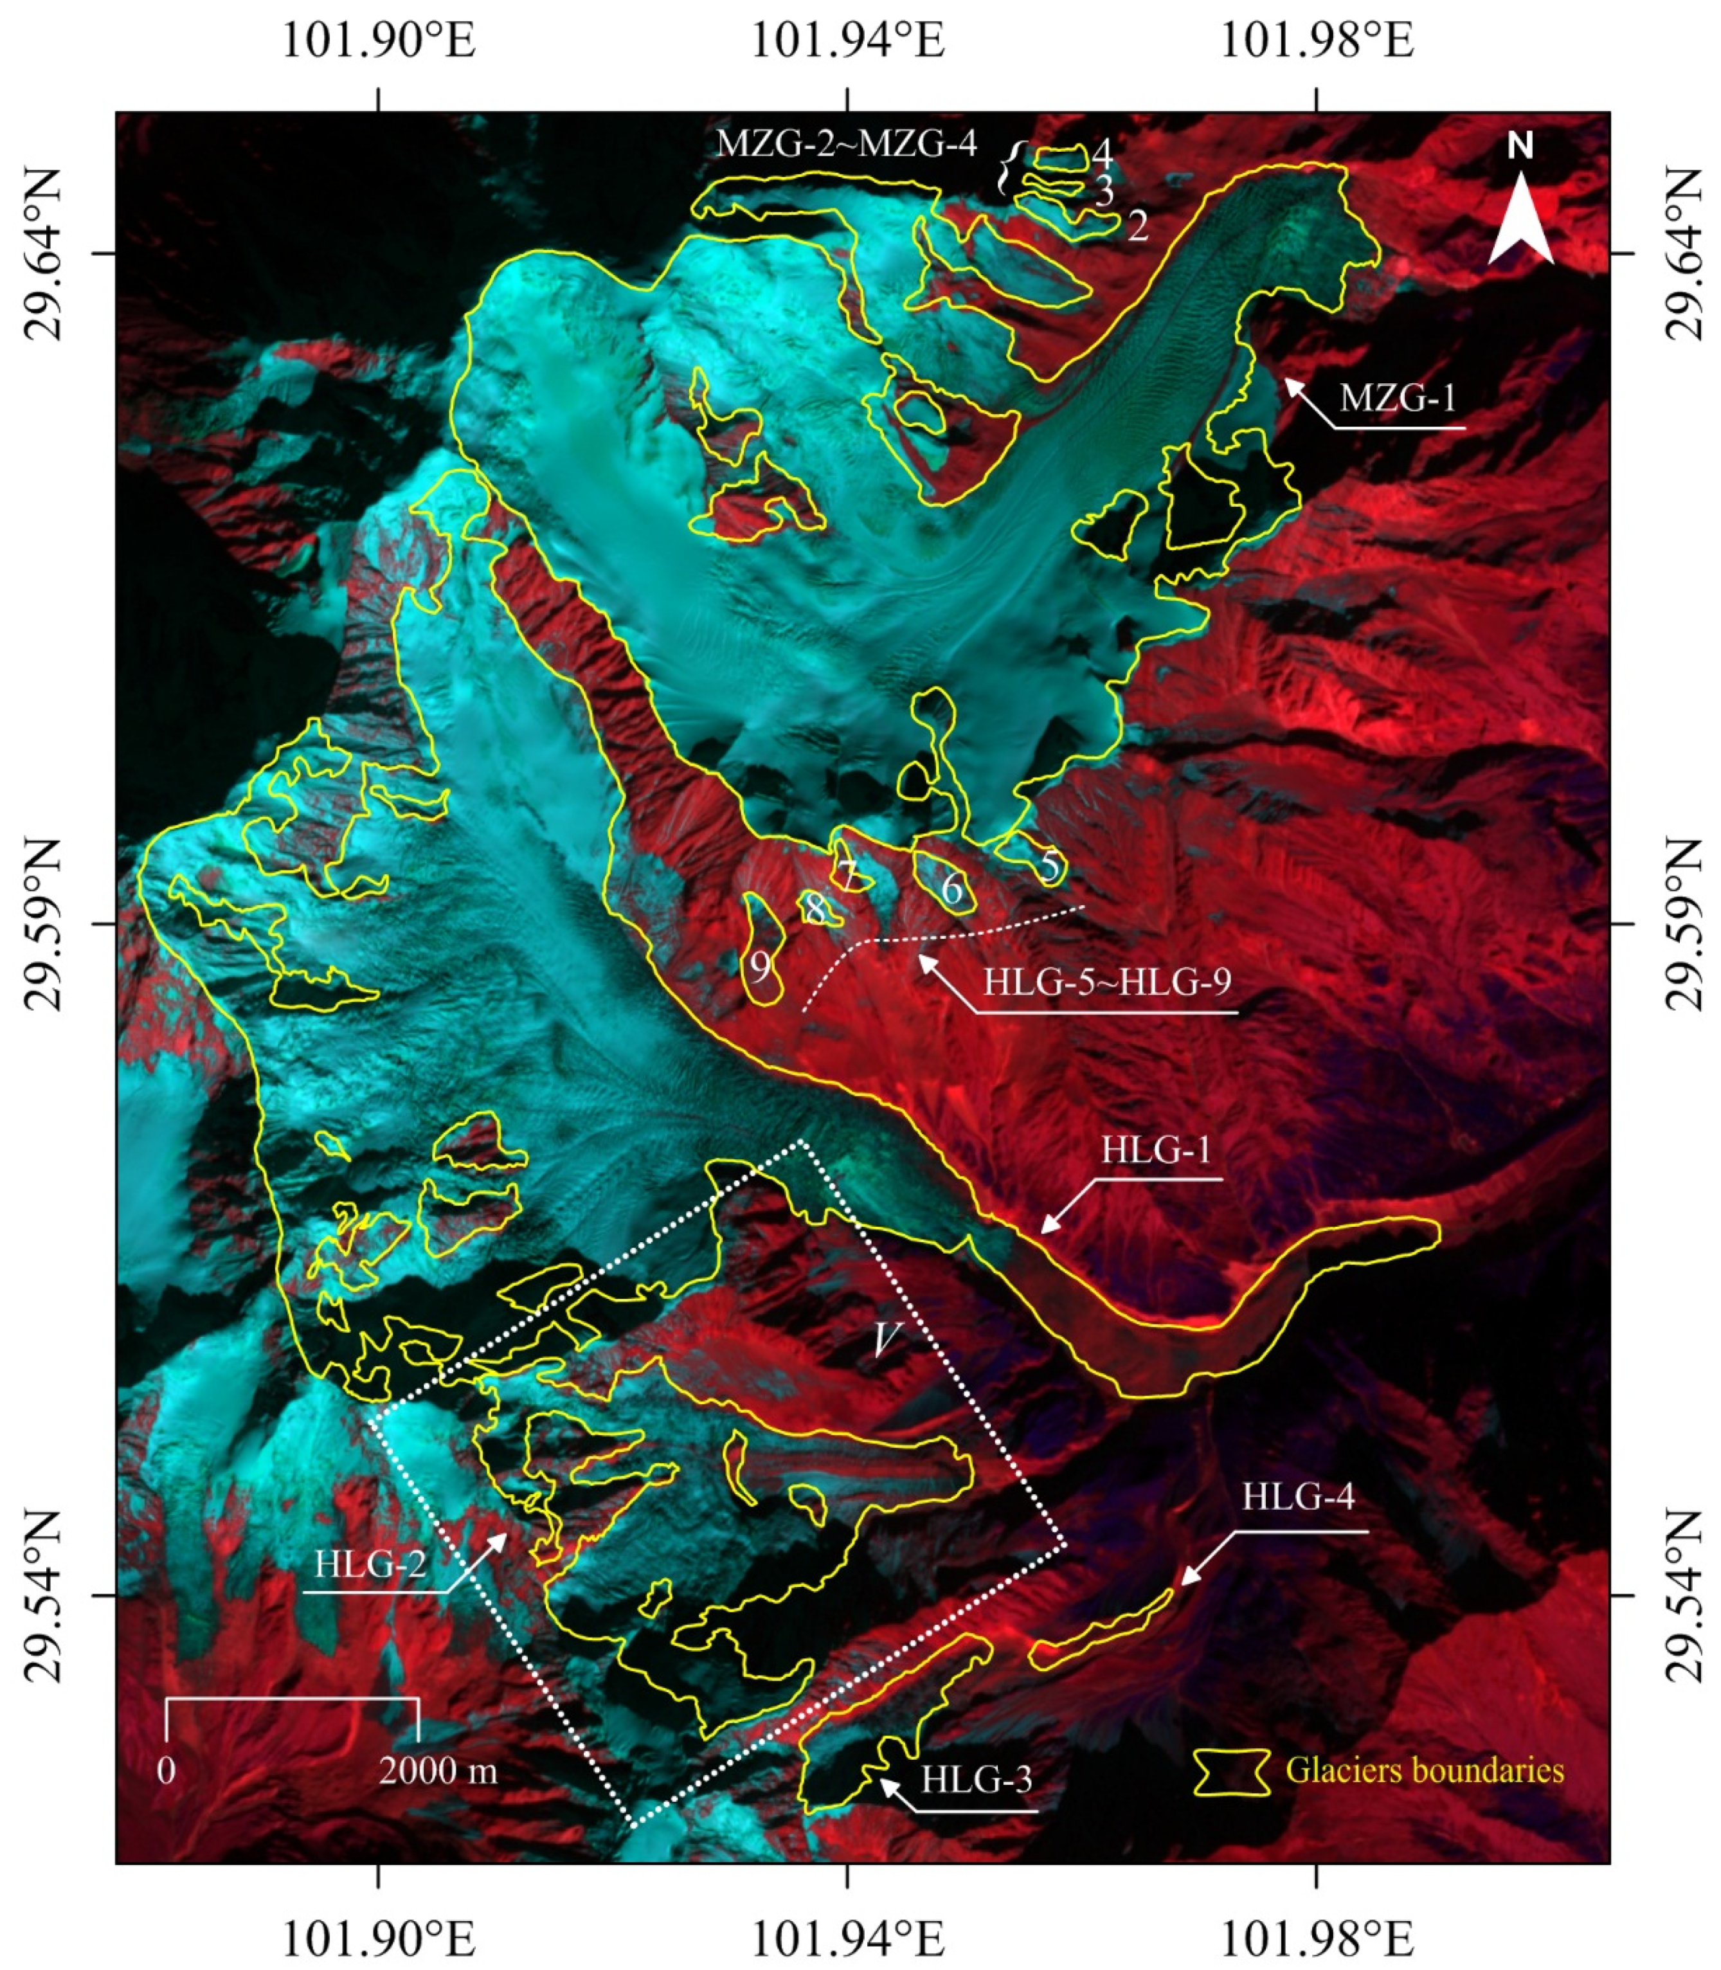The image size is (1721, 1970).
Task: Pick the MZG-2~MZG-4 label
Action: point(846,144)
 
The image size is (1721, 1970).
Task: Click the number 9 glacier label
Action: point(760,968)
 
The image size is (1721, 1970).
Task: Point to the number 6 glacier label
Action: point(951,889)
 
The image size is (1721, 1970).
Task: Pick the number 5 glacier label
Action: point(1050,867)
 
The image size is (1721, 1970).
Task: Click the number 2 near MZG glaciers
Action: point(1137,228)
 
